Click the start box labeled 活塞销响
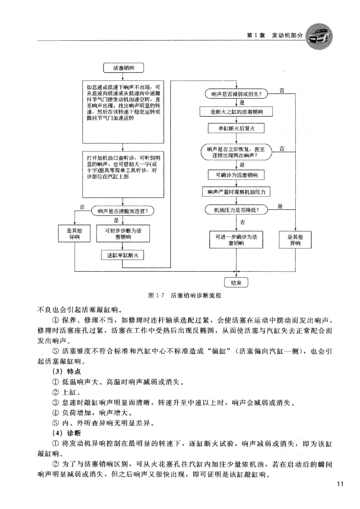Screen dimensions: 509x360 [123, 67]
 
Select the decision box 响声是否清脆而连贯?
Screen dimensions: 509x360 [123, 210]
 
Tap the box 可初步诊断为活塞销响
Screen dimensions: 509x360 [123, 234]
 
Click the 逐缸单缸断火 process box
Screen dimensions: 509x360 [123, 255]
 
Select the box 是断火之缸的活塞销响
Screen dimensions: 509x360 [236, 112]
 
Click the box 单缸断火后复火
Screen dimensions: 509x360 [236, 128]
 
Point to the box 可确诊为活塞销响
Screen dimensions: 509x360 [236, 174]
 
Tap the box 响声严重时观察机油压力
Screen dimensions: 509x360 [236, 192]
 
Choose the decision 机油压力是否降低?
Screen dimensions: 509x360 [236, 210]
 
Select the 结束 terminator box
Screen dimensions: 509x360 [236, 283]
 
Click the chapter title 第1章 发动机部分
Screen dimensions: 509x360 [274, 36]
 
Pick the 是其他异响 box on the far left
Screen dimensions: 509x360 [74, 234]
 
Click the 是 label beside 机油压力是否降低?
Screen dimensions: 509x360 [280, 206]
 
